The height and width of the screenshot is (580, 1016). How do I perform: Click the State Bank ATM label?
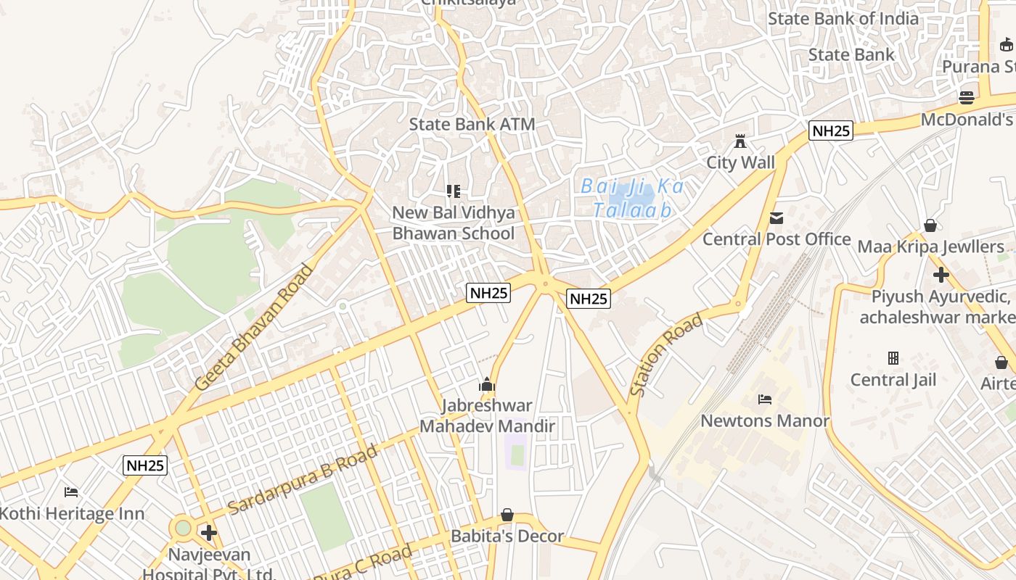click(472, 124)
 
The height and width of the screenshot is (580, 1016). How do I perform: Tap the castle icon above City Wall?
click(740, 141)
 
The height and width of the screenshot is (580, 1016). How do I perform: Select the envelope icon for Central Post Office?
click(777, 217)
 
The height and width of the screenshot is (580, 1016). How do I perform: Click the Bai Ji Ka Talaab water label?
click(632, 198)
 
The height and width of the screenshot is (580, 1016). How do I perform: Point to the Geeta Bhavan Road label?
click(255, 327)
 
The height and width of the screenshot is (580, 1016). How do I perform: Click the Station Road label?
click(665, 355)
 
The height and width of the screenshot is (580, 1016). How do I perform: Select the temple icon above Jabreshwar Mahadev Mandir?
click(487, 384)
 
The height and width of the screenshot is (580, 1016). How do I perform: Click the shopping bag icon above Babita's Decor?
click(507, 515)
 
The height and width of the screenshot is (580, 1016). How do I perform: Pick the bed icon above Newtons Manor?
click(764, 399)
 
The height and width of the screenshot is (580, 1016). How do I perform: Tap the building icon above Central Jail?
click(893, 358)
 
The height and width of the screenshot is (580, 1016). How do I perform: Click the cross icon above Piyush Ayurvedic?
click(941, 275)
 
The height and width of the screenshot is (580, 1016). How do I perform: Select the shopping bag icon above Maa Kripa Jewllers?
click(930, 225)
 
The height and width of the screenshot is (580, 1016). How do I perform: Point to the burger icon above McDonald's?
click(966, 97)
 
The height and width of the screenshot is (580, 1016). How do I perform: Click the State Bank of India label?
click(843, 19)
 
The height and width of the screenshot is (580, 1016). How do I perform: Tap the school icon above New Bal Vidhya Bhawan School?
click(454, 191)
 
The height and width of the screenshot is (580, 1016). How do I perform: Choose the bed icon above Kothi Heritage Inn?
click(71, 492)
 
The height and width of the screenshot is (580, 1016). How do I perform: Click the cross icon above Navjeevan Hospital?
click(209, 534)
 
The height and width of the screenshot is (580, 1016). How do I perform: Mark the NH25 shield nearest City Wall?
click(831, 131)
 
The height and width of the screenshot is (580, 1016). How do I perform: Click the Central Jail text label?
click(893, 380)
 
